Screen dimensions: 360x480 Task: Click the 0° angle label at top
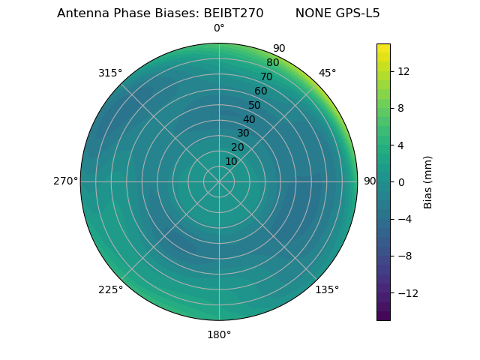[x=219, y=28]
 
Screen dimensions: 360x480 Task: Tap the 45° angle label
[x=328, y=73]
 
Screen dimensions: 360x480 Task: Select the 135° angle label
[x=327, y=289]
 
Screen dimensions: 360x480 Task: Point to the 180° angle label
[x=219, y=334]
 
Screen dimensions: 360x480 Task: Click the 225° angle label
[x=110, y=289]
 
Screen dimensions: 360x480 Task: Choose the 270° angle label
[x=65, y=181]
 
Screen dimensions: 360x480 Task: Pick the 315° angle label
[x=110, y=73]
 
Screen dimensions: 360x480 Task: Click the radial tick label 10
[x=231, y=161]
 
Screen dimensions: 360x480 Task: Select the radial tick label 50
[x=255, y=105]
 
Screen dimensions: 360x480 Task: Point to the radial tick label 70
[x=266, y=76]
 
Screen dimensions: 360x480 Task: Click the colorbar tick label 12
[x=403, y=71]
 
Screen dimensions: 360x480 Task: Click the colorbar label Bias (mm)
[x=428, y=182]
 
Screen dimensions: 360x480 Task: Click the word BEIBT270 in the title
[x=233, y=13]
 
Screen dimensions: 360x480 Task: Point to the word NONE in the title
[x=311, y=13]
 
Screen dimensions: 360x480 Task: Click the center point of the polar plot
[x=219, y=181]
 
